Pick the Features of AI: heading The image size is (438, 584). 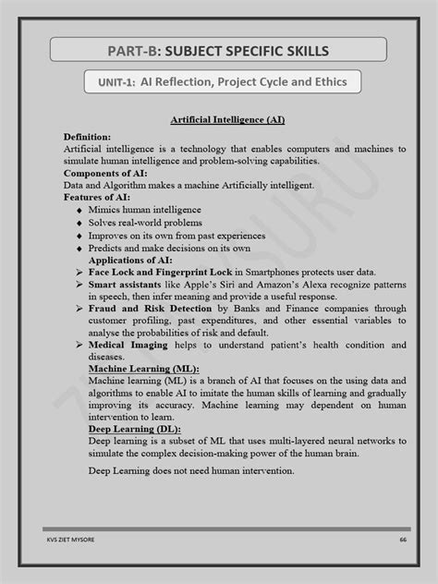(x=97, y=197)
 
